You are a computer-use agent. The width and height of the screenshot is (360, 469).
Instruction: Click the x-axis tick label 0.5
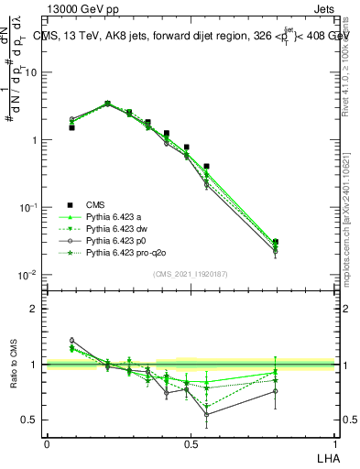tap(190, 443)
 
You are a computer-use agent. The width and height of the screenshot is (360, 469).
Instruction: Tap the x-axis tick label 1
tap(333, 443)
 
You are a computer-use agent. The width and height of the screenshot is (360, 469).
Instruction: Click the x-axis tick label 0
tap(47, 443)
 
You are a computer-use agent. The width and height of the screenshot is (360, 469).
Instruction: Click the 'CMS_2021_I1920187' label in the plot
tap(191, 274)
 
